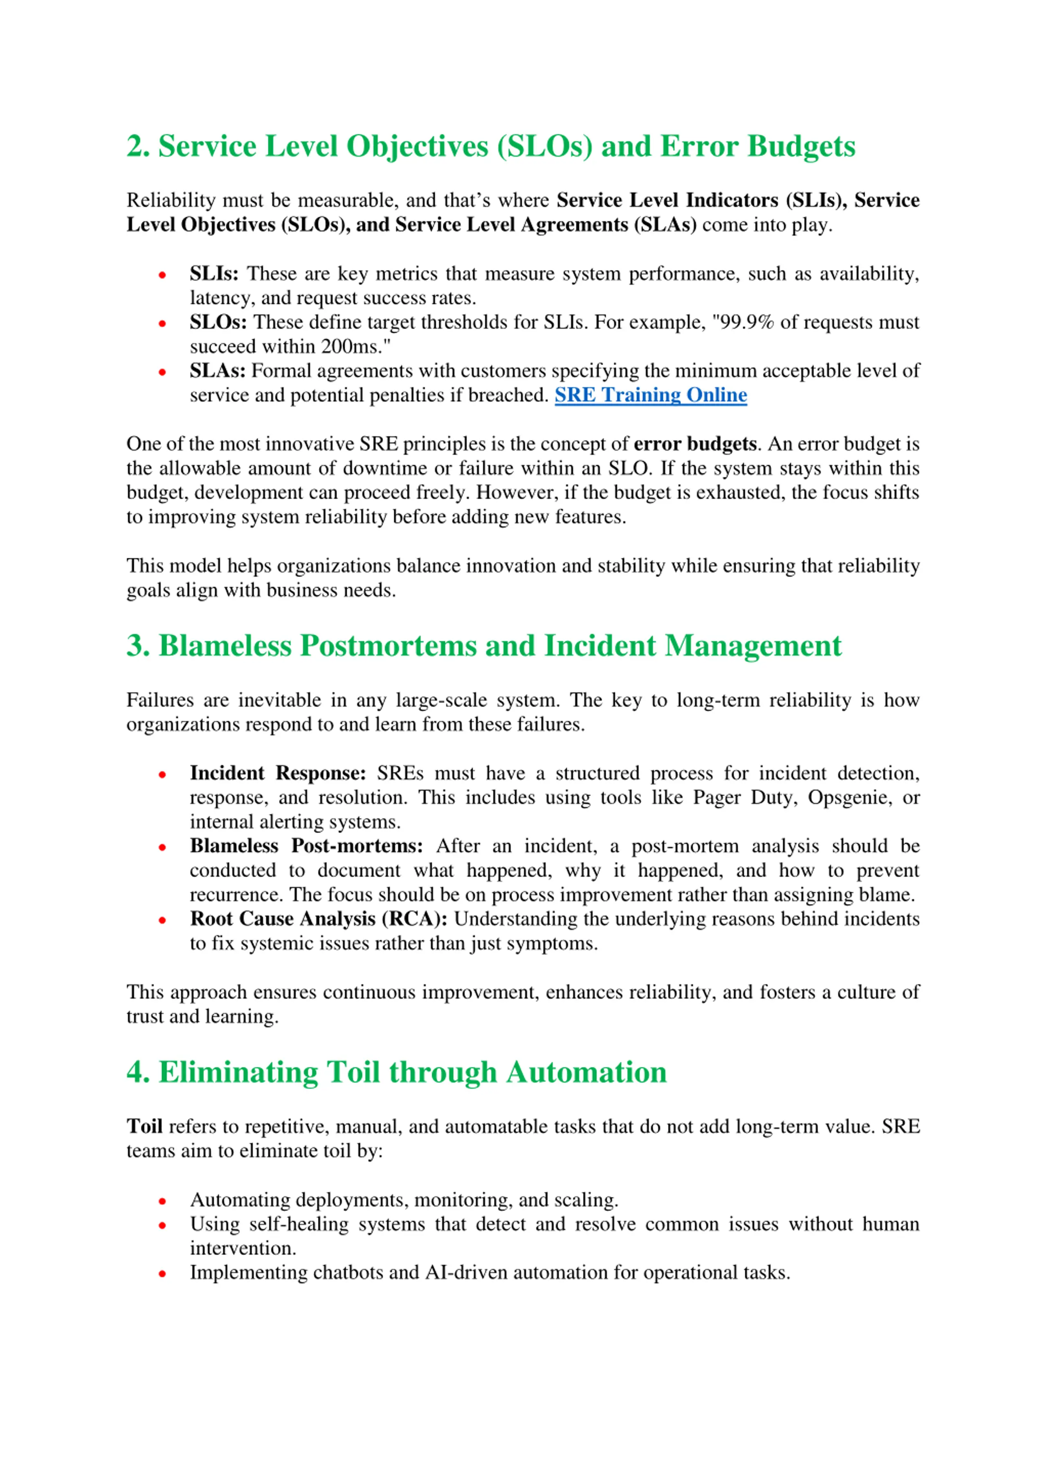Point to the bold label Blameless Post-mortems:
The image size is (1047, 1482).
tap(306, 846)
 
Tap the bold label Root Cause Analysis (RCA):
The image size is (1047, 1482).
tap(319, 919)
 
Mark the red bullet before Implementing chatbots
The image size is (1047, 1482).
tap(162, 1274)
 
